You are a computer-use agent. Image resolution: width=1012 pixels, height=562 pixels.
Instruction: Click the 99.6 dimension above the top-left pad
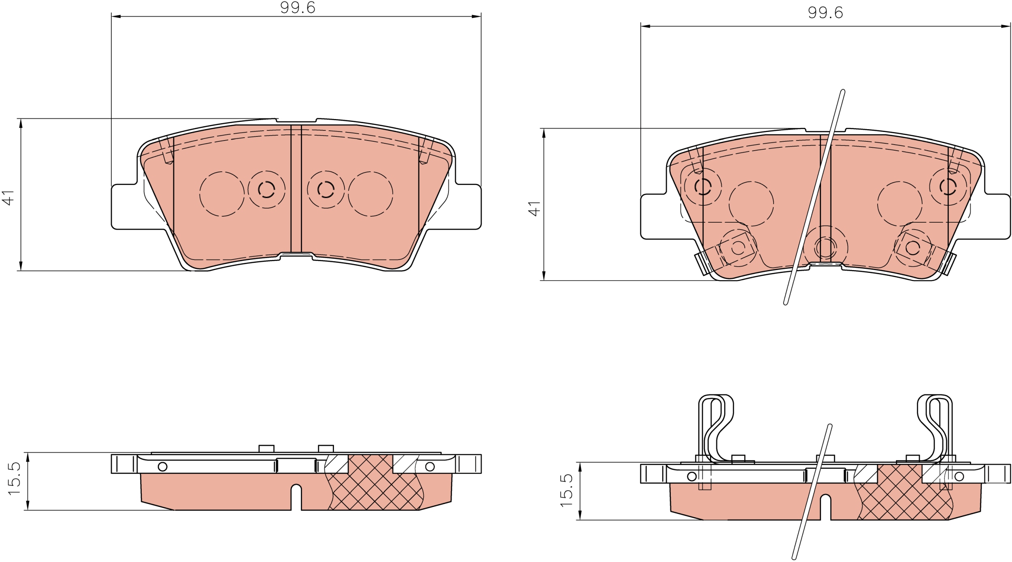click(298, 8)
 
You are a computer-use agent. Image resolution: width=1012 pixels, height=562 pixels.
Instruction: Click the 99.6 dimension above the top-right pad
click(825, 13)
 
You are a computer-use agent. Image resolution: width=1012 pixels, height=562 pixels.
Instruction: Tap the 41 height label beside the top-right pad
click(535, 209)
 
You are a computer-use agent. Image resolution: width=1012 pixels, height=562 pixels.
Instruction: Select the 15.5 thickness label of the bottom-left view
click(14, 478)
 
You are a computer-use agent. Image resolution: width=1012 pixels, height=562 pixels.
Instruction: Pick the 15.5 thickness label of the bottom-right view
click(566, 490)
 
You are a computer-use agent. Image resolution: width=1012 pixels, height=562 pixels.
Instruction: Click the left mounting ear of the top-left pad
click(124, 206)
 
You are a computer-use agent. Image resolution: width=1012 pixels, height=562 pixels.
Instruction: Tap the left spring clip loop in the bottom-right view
click(716, 430)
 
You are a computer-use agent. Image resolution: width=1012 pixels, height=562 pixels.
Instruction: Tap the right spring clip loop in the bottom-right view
click(935, 430)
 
